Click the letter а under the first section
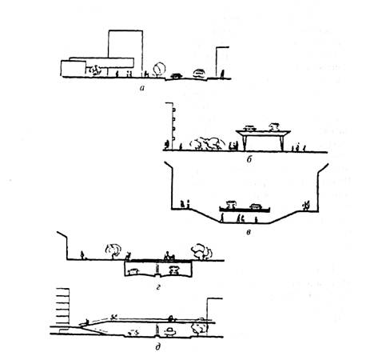click(142, 87)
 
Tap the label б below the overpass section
click(249, 159)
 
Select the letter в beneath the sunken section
click(249, 232)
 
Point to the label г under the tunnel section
click(158, 287)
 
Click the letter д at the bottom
click(158, 347)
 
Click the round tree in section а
click(159, 70)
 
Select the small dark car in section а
click(176, 76)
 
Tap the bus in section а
click(199, 73)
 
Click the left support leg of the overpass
click(245, 142)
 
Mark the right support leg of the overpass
click(281, 142)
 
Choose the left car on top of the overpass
click(250, 128)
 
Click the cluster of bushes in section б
click(207, 143)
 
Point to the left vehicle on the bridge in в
click(231, 205)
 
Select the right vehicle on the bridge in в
click(255, 206)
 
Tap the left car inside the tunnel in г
click(133, 272)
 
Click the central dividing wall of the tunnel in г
click(157, 270)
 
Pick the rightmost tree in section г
click(201, 251)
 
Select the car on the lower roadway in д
click(170, 331)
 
